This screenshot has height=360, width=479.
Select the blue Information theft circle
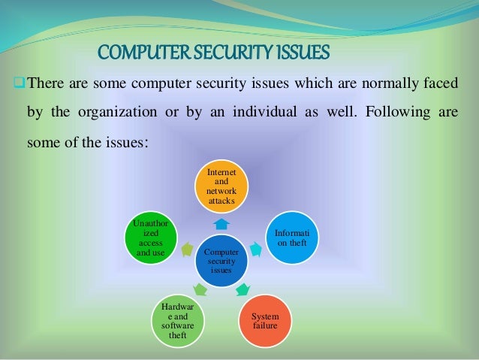(x=294, y=238)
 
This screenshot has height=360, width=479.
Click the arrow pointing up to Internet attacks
(x=221, y=224)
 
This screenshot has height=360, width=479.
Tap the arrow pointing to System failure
(x=243, y=289)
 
